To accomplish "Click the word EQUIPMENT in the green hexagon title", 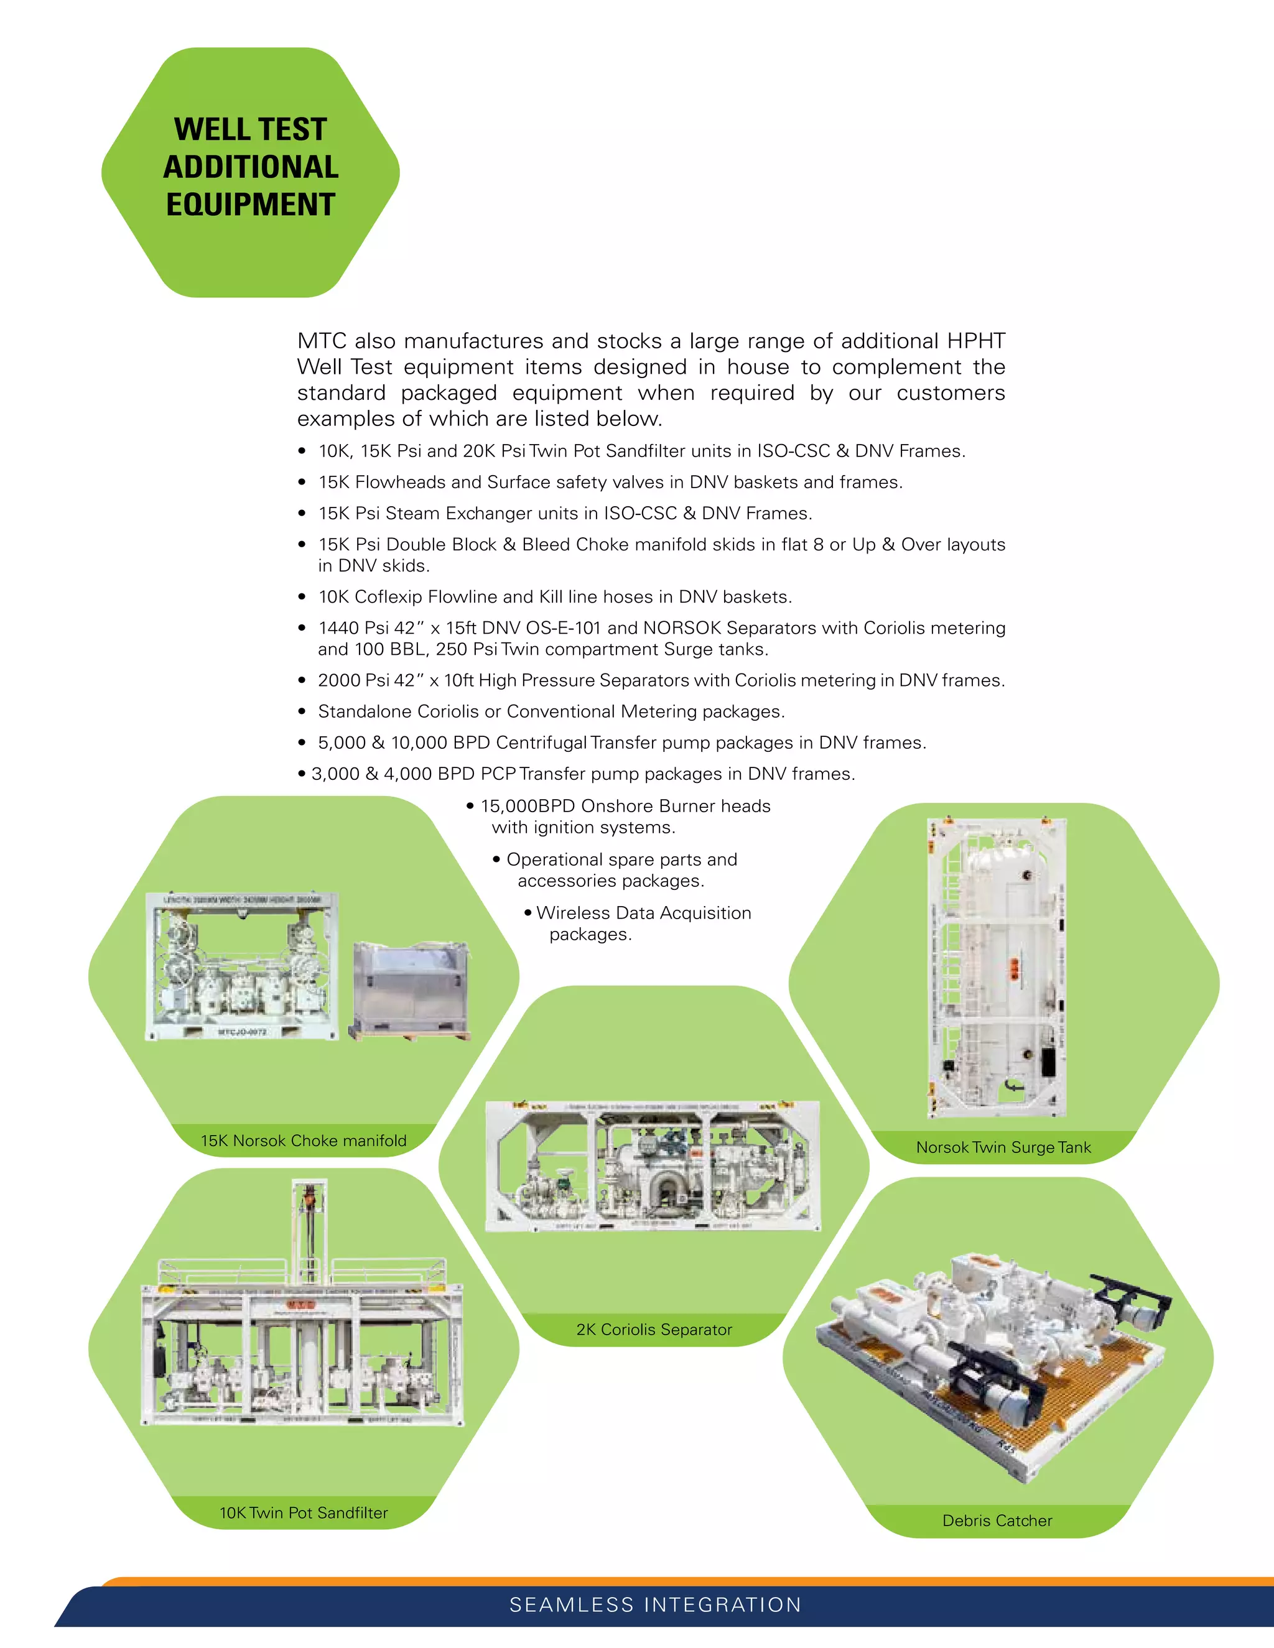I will (250, 205).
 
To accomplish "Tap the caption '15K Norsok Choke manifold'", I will (303, 1140).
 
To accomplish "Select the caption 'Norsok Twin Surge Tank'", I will (1003, 1147).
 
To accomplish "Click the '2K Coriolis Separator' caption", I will (654, 1329).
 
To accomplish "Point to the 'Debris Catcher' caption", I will (997, 1520).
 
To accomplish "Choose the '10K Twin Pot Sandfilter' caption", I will (303, 1512).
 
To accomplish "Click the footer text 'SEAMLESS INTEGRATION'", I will (655, 1604).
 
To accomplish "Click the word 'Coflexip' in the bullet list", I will (388, 597).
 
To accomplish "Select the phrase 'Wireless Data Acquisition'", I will (643, 913).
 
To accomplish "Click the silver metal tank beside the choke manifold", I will (410, 990).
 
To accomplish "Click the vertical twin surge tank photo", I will (997, 968).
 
